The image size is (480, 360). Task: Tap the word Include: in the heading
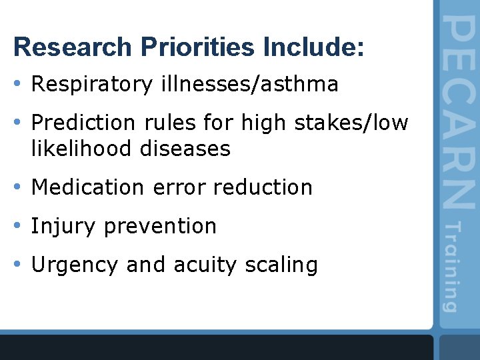pyautogui.click(x=314, y=47)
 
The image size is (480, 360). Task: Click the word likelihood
pyautogui.click(x=83, y=149)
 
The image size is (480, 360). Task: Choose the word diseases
pyautogui.click(x=185, y=149)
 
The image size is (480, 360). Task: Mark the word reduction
pyautogui.click(x=263, y=187)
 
